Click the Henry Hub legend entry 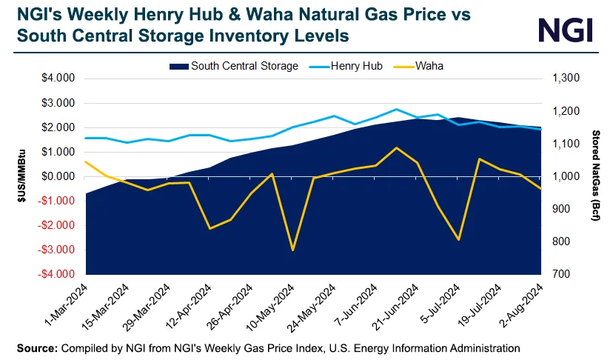coord(357,66)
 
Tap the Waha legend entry coord(429,66)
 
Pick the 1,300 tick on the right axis coord(563,79)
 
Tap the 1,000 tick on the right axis coord(563,176)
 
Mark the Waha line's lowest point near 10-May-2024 coord(293,250)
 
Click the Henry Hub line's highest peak coord(396,109)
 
